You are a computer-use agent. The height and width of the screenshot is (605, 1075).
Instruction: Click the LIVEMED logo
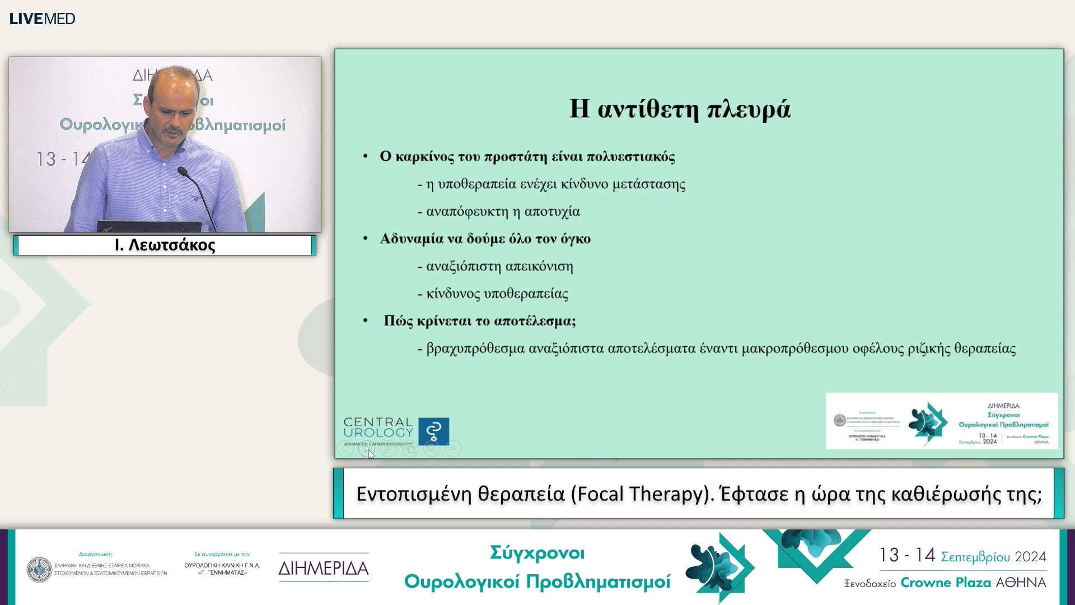(x=42, y=18)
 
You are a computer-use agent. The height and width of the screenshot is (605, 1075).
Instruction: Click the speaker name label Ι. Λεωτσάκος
(x=165, y=245)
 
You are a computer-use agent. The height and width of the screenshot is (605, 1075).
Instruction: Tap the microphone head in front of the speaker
(x=182, y=171)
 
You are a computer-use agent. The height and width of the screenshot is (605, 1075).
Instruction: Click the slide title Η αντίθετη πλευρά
(x=680, y=109)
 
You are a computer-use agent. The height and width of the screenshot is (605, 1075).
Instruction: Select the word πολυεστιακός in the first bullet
(x=631, y=157)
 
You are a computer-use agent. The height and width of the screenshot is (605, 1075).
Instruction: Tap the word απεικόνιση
(x=539, y=267)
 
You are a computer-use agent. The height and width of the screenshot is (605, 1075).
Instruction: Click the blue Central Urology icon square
(x=433, y=431)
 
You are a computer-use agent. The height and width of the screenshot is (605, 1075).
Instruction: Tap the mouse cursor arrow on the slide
(x=370, y=453)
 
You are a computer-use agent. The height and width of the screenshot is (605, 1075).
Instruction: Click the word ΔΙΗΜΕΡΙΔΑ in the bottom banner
(x=324, y=569)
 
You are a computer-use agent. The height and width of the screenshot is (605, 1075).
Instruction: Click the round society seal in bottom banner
(x=39, y=570)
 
